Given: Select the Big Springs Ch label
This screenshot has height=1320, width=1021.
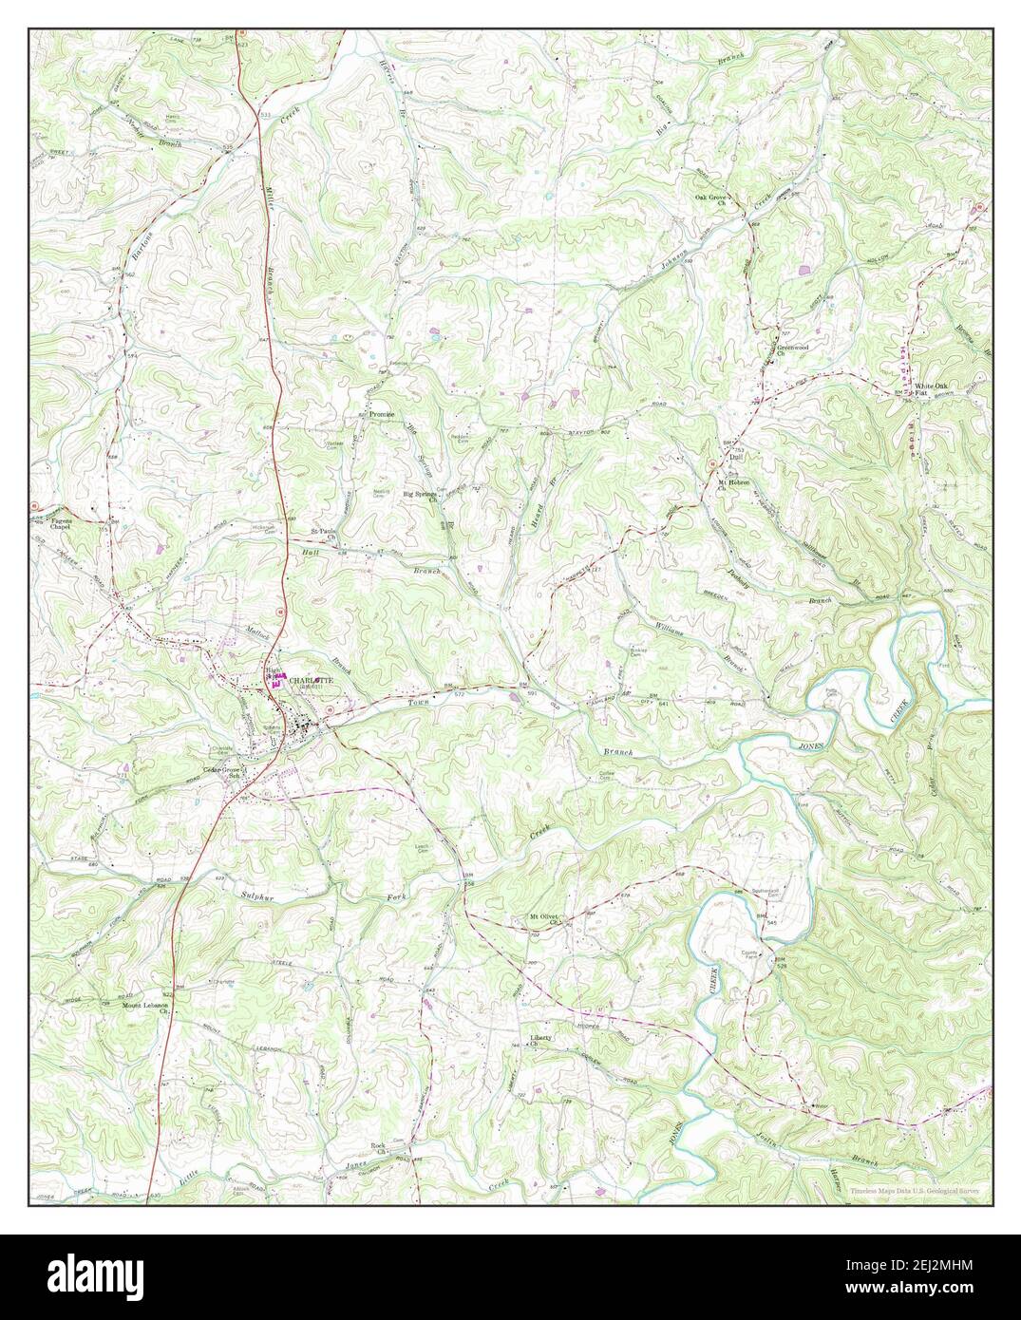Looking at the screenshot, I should click(421, 496).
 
